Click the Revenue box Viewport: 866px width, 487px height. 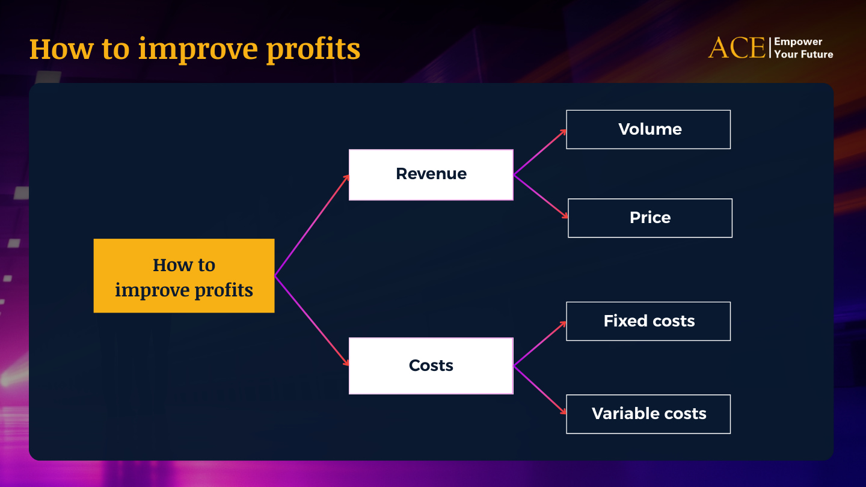431,175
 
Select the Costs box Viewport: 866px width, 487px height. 431,366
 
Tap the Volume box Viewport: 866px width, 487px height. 648,129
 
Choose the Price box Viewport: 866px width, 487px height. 650,218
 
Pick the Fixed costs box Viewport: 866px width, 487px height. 648,321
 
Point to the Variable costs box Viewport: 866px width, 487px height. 648,414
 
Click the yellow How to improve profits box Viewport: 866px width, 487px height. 184,275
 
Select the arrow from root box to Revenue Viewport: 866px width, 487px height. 312,225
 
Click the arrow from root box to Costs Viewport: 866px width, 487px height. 312,321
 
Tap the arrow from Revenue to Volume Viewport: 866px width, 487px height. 540,152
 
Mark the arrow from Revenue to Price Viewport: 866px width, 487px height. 541,197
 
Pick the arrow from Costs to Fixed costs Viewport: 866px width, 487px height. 540,344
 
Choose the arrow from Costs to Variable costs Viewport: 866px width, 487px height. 540,390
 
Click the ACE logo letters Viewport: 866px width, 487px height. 737,48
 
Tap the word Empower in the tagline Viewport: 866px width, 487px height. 798,41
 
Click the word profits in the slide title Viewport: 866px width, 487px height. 313,49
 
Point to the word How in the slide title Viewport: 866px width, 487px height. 61,49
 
